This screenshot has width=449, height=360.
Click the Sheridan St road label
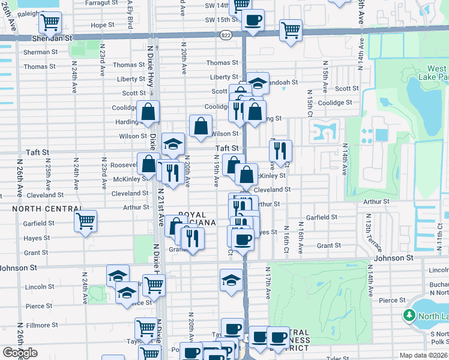[x=51, y=37]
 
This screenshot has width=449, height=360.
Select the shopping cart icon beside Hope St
[x=50, y=23]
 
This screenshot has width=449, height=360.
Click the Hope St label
[x=103, y=25]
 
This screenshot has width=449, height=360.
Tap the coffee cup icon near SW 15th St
[x=253, y=20]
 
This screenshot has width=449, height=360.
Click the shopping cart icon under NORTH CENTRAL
[x=86, y=221]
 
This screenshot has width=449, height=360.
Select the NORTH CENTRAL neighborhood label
[x=46, y=209]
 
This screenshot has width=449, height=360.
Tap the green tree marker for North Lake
[x=409, y=315]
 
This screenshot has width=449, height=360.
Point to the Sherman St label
[x=40, y=52]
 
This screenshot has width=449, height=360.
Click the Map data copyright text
[x=423, y=356]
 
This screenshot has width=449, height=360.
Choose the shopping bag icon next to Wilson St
[x=200, y=126]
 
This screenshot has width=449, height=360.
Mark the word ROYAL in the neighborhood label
[x=193, y=215]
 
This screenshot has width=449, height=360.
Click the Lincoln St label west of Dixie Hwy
[x=39, y=287]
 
